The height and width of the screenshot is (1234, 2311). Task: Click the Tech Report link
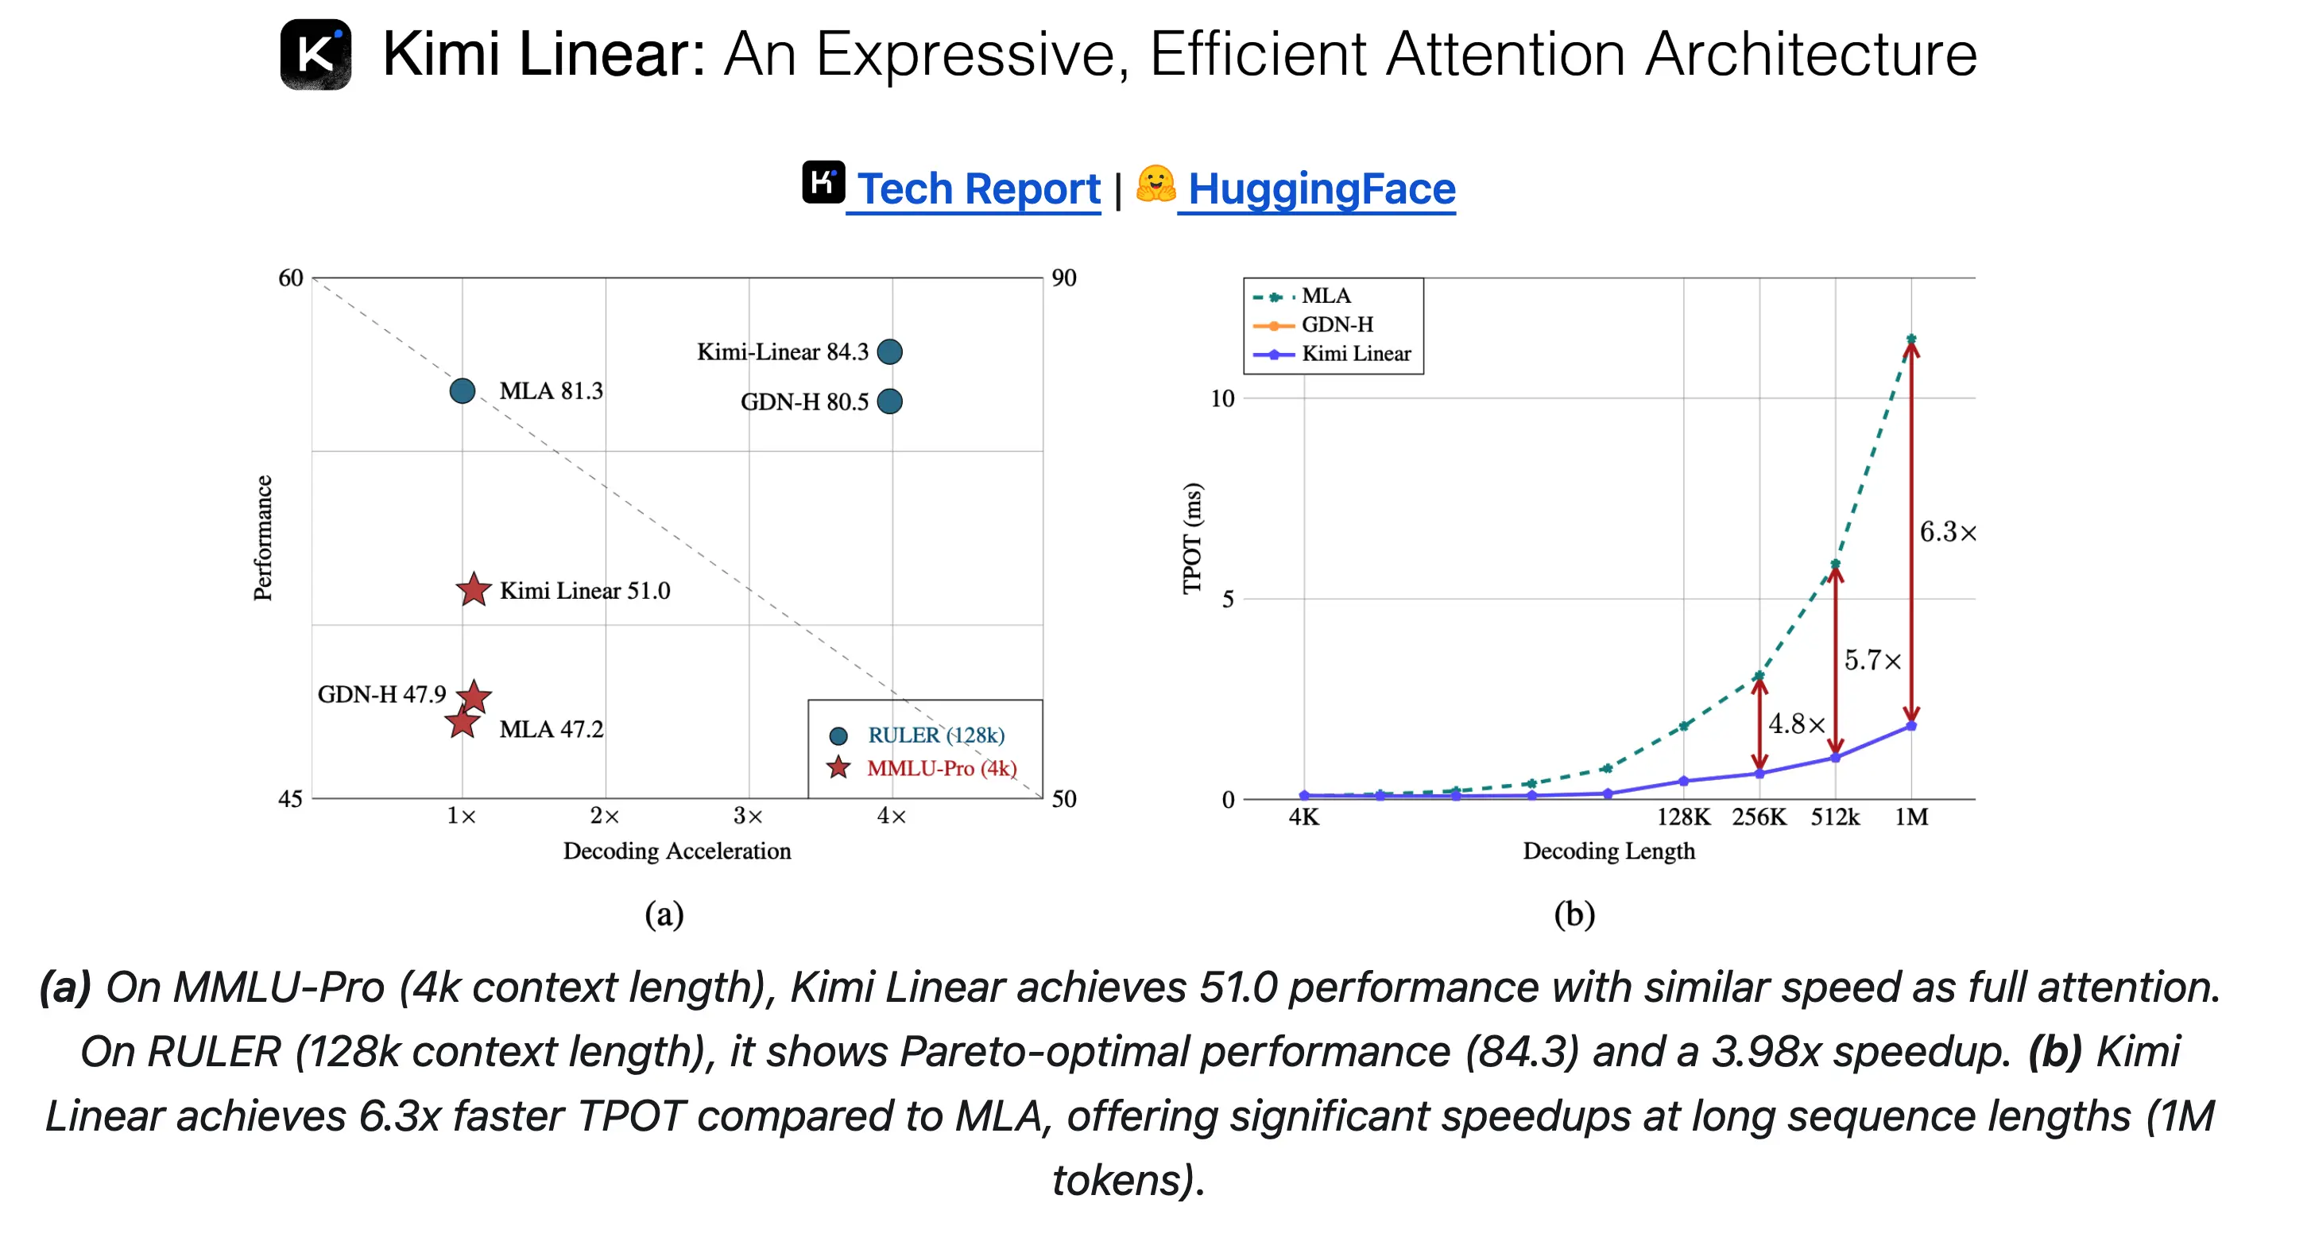(977, 188)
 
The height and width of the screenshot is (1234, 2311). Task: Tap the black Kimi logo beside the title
(315, 55)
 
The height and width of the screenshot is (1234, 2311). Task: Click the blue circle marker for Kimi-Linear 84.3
(889, 351)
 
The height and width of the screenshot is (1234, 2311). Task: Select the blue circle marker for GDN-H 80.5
(889, 402)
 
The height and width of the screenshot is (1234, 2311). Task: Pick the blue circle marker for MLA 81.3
(462, 390)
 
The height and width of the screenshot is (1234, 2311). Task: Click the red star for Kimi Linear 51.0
(474, 590)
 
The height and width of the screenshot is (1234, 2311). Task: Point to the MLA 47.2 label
(551, 729)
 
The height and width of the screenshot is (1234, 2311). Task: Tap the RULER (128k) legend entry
(935, 735)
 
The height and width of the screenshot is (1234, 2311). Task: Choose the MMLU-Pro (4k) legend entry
(941, 768)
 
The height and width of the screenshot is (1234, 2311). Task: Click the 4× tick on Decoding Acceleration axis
(891, 816)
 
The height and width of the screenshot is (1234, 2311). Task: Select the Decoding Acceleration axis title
(676, 850)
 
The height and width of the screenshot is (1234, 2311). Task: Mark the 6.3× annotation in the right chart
(1947, 532)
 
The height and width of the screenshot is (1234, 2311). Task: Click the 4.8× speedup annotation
(1796, 724)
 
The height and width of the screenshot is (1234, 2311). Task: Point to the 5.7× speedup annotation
(1872, 661)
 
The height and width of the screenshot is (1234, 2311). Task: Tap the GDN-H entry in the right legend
(1336, 324)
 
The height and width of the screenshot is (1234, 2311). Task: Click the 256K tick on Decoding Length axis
(1759, 817)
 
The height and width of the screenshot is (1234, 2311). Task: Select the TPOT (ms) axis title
(1191, 538)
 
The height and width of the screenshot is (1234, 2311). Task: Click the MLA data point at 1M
(1911, 340)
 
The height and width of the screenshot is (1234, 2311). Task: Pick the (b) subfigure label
(1574, 914)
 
